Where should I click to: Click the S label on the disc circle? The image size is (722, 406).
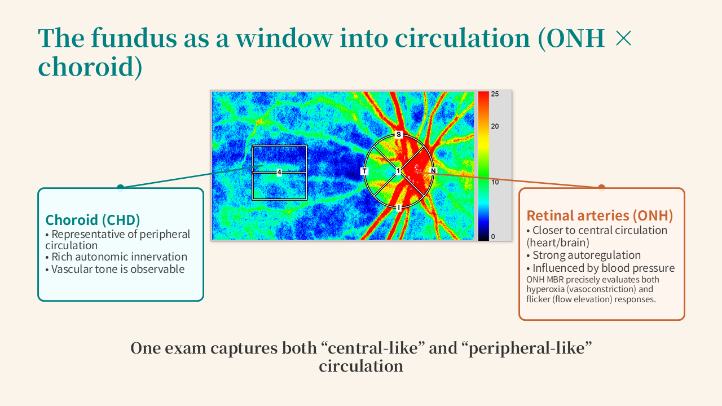click(399, 134)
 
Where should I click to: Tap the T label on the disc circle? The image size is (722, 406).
click(364, 171)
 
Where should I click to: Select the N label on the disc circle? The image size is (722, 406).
click(433, 171)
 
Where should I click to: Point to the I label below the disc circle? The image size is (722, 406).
click(399, 208)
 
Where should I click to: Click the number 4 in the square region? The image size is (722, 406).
click(279, 173)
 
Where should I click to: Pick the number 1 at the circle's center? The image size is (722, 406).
click(398, 171)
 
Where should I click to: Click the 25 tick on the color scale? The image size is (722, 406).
click(495, 94)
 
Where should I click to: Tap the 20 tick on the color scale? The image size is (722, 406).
click(495, 126)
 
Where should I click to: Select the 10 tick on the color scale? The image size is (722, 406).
click(495, 182)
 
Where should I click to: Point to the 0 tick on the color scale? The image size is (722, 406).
click(493, 236)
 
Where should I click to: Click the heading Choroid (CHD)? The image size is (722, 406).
click(93, 220)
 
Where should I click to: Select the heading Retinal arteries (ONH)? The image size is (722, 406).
click(600, 215)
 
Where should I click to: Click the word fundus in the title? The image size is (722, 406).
click(134, 38)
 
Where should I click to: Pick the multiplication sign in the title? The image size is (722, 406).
click(623, 38)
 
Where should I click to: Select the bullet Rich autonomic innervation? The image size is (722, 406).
click(116, 257)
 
